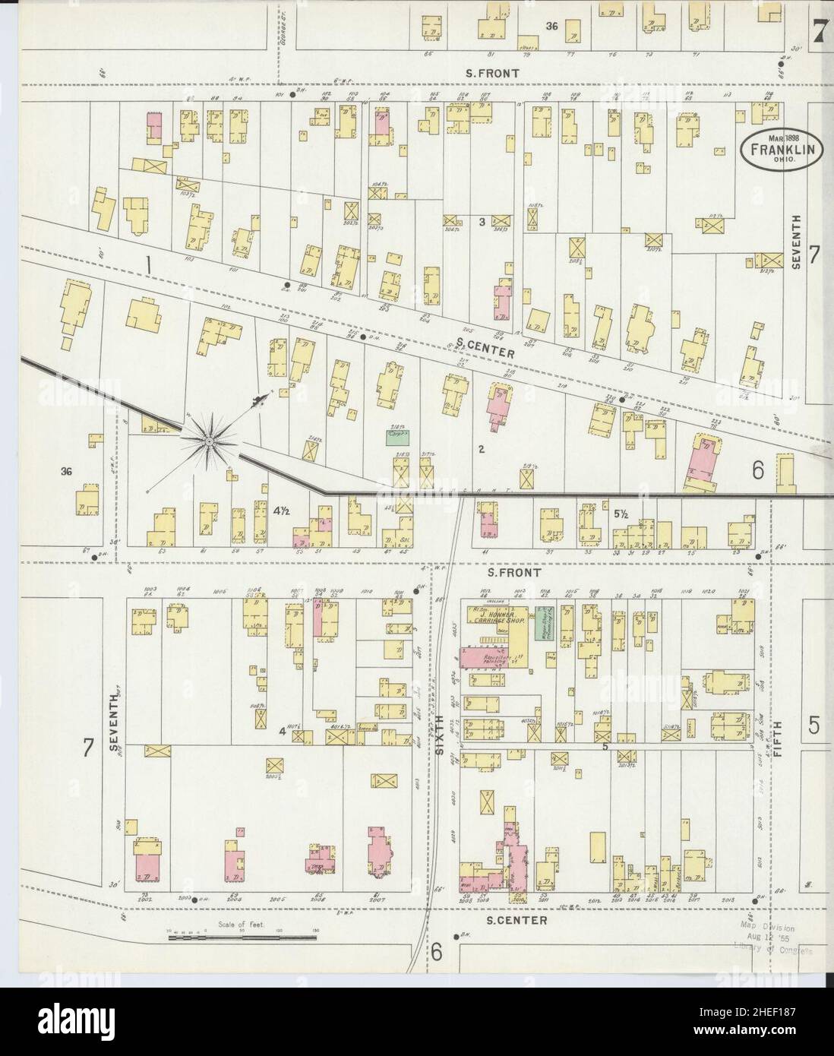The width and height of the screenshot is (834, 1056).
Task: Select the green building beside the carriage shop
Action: coord(544,623)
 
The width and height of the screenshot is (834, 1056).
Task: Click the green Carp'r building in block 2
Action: coord(397,437)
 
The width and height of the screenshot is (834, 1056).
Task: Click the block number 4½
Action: coord(281,512)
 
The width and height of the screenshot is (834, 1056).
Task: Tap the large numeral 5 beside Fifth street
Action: coord(814,726)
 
